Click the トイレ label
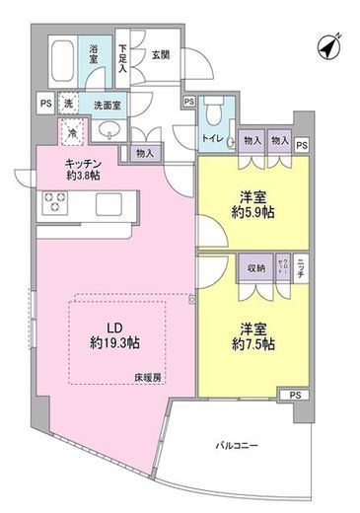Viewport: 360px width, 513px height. (x=212, y=139)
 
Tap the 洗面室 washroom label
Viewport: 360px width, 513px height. (x=107, y=104)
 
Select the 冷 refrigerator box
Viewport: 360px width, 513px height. (x=73, y=130)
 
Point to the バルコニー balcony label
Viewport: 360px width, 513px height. (x=238, y=447)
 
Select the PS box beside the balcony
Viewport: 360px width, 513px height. (x=295, y=395)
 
